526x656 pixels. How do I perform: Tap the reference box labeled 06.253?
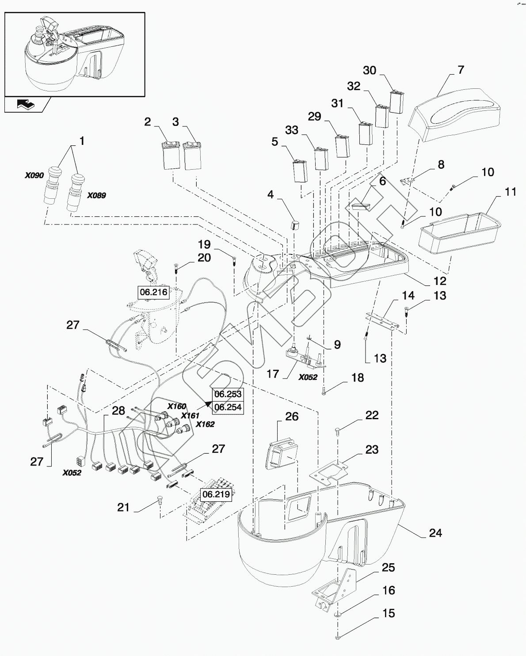tap(228, 394)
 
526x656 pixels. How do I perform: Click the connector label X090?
tap(34, 175)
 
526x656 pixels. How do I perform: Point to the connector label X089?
tap(96, 195)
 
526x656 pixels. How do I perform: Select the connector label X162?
tap(205, 424)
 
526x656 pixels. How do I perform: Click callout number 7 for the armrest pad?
tap(461, 70)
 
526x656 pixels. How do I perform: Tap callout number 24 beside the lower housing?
tap(435, 533)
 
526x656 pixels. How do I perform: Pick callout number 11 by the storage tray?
tap(511, 192)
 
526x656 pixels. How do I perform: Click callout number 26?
tap(292, 417)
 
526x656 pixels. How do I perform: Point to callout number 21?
tap(123, 508)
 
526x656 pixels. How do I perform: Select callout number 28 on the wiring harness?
tap(118, 410)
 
